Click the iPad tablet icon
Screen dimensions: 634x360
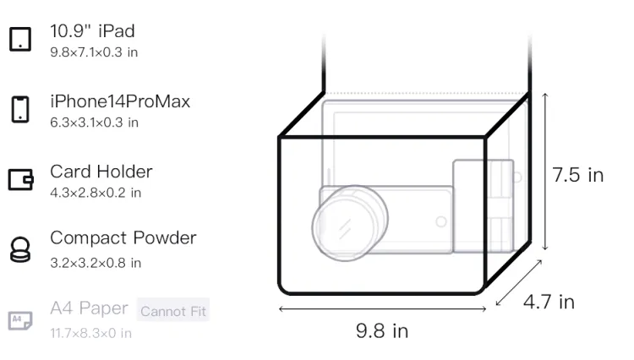point(20,39)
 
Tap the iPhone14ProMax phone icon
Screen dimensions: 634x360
point(20,109)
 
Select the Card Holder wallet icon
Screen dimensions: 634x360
point(20,179)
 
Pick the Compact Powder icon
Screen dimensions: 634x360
point(20,250)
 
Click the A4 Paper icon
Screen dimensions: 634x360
point(20,320)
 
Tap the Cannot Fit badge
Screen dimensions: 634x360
point(173,310)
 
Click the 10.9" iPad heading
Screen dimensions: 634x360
point(92,31)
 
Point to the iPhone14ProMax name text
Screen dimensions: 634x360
point(120,101)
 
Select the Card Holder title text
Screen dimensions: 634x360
point(101,172)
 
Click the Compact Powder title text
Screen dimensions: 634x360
point(123,238)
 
